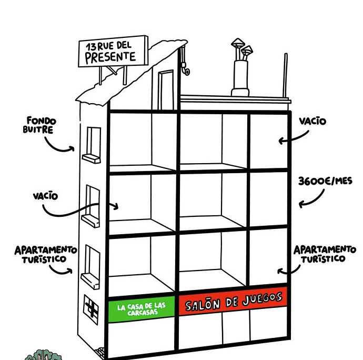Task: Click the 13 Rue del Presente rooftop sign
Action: [x=113, y=52]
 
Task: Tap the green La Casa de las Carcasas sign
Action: [x=142, y=309]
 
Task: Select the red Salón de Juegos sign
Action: [x=234, y=301]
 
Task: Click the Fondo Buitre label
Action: [x=39, y=125]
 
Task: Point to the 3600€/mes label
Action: [x=325, y=181]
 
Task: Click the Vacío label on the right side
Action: [x=312, y=121]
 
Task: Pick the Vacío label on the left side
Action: [x=45, y=196]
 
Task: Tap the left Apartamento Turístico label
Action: [x=46, y=254]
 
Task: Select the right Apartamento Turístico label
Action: [x=325, y=254]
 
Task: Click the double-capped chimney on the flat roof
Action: [x=241, y=67]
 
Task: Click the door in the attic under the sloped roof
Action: [x=166, y=90]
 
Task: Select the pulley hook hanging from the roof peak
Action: [x=185, y=61]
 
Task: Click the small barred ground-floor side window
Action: [x=91, y=309]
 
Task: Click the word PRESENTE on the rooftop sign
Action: [x=110, y=57]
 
